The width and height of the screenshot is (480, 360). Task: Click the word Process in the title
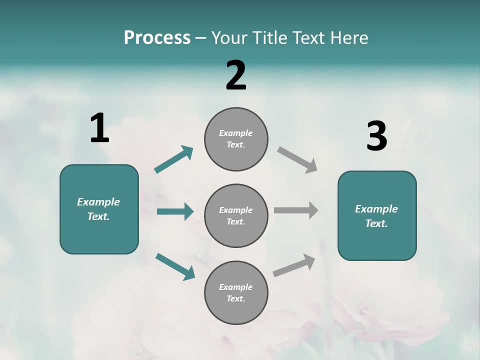[157, 38]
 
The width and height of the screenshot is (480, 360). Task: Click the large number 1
[99, 128]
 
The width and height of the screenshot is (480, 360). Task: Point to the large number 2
[236, 75]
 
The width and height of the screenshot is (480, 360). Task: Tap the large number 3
[376, 136]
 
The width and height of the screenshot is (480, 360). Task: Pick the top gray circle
[236, 139]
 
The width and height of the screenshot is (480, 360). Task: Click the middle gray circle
[236, 216]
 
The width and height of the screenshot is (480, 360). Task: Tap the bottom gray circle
[236, 293]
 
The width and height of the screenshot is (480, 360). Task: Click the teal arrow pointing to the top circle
[173, 159]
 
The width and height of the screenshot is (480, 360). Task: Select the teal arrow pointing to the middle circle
[175, 211]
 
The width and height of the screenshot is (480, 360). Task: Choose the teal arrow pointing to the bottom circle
[175, 266]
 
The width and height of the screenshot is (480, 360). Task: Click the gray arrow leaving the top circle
[297, 160]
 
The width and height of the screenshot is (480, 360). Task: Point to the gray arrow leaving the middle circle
[296, 210]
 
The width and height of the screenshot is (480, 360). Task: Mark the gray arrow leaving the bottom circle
[294, 265]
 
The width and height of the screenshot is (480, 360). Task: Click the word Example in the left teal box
[98, 202]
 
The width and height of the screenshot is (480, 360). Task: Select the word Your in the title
[229, 38]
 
